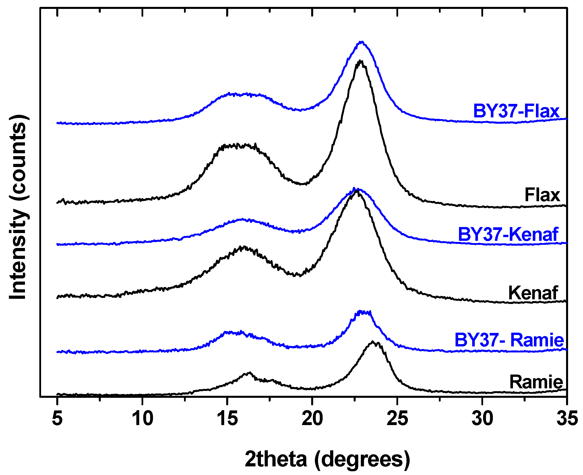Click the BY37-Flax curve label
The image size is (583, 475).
pos(516,111)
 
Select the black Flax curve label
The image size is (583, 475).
pos(542,195)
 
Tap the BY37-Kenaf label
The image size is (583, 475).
pos(508,234)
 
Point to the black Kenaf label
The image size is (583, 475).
pos(533,293)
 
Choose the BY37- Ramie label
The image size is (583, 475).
pos(509,340)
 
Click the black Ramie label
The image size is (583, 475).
pos(536,382)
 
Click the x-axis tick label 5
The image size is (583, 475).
pos(57,419)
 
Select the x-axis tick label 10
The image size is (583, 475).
pos(142,419)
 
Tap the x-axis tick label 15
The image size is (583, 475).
pos(227,419)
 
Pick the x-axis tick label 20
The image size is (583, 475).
pos(312,419)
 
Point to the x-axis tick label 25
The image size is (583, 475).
pos(397,419)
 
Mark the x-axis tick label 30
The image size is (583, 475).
pos(482,419)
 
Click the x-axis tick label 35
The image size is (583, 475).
pos(567,419)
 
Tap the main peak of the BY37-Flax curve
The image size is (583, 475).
pos(362,42)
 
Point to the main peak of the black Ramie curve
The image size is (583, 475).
pos(373,342)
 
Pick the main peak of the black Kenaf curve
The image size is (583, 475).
pos(357,191)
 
